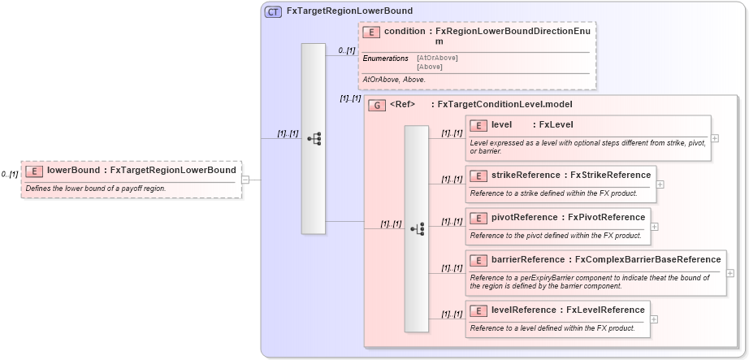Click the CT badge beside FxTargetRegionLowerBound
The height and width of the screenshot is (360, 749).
click(273, 11)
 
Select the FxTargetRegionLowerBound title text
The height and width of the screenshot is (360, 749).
click(349, 11)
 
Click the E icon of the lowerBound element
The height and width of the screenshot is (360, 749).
click(34, 171)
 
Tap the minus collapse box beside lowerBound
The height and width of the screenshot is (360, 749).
click(245, 180)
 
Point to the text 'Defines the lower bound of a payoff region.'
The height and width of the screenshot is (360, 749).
click(96, 189)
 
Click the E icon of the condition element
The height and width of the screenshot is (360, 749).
click(371, 32)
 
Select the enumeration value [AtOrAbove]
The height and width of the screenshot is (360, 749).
click(437, 58)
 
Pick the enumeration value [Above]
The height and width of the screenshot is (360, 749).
click(430, 67)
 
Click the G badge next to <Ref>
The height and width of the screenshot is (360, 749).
click(376, 105)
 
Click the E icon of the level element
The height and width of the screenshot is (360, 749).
click(478, 125)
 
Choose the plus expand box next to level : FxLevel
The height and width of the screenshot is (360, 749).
click(714, 137)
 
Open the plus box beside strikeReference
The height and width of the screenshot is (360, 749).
click(660, 184)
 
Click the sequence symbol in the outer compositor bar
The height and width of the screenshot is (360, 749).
click(314, 139)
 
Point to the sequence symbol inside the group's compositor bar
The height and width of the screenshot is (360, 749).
click(417, 229)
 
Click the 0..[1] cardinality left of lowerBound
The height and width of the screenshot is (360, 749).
click(10, 175)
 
